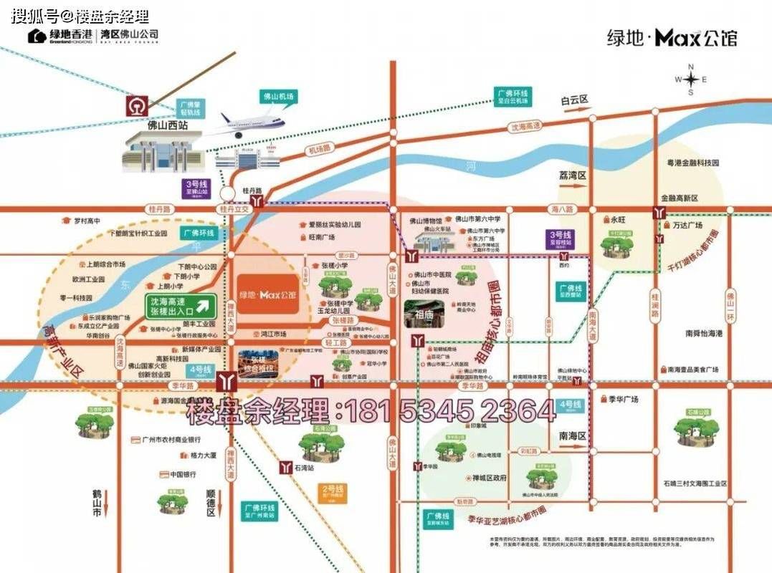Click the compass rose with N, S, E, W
691,79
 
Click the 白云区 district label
574,101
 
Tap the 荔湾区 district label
573,175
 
